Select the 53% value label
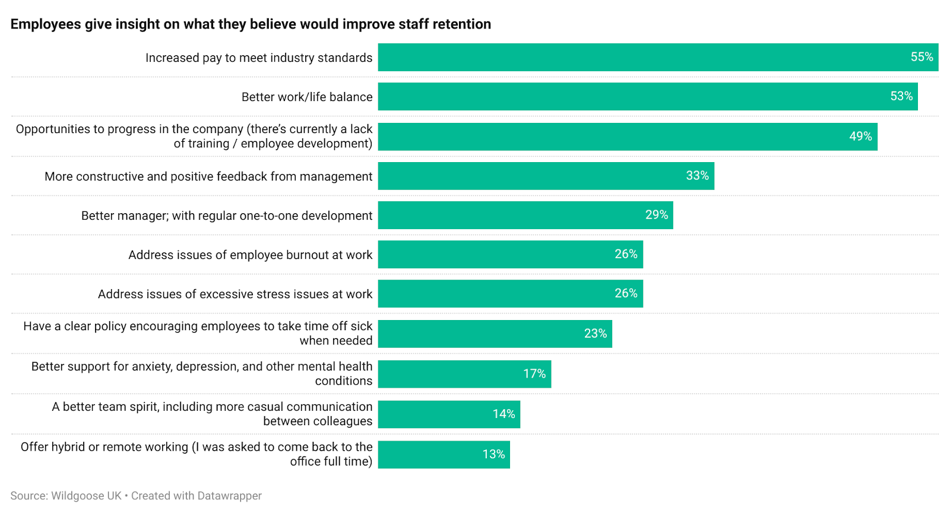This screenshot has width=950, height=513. coord(901,96)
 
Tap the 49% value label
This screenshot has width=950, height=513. coord(860,137)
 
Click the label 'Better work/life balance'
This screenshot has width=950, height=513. coord(307,97)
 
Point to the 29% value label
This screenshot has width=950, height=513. coord(657,215)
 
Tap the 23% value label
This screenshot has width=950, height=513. coord(595,334)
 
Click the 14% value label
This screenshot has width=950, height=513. coord(503,414)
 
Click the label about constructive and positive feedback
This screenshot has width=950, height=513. coord(208,176)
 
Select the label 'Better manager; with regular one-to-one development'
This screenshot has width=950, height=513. coord(227,216)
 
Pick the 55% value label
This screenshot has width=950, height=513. coord(921,57)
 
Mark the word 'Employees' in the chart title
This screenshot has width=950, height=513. coord(45,24)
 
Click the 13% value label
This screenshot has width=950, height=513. coord(493,454)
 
